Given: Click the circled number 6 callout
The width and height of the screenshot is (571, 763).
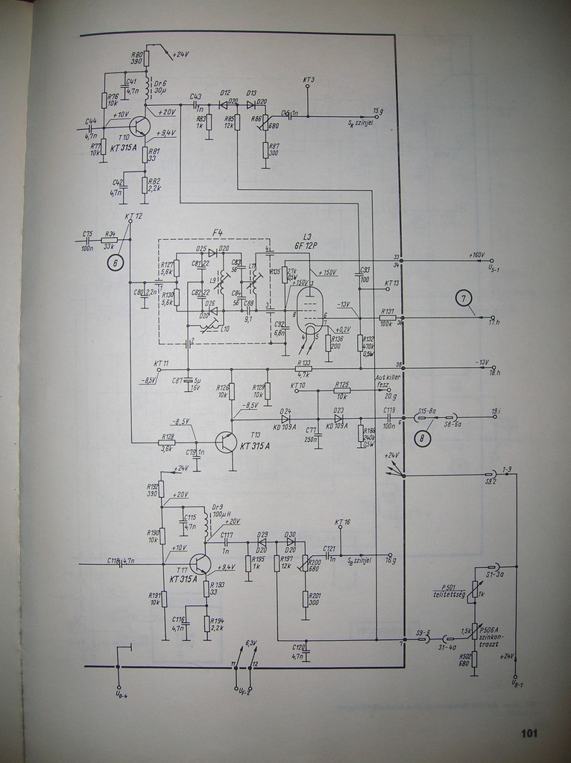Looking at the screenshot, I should tap(116, 262).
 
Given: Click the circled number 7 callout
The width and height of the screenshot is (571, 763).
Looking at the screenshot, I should tap(464, 299).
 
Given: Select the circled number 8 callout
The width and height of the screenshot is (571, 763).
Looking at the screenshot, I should tap(423, 438).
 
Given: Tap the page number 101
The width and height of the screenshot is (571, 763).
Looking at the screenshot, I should tap(529, 733).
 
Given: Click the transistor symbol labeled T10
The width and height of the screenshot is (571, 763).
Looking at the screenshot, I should tap(139, 125).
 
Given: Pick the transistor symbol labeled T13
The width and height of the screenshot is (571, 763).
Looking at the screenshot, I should tap(226, 441).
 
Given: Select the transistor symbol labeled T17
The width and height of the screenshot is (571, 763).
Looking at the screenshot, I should tap(200, 564).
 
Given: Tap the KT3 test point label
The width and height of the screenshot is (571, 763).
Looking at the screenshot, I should tap(309, 79).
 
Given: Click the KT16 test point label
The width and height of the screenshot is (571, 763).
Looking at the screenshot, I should tap(342, 522).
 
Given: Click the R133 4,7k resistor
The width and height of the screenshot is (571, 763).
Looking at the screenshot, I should tap(303, 369).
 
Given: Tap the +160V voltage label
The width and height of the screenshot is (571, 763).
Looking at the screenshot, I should tap(478, 255).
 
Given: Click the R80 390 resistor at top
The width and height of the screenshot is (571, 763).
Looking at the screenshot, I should tap(146, 58).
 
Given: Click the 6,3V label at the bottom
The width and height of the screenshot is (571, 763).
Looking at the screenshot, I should tap(250, 642).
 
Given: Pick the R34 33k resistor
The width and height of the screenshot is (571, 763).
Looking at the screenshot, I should tap(109, 240).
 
